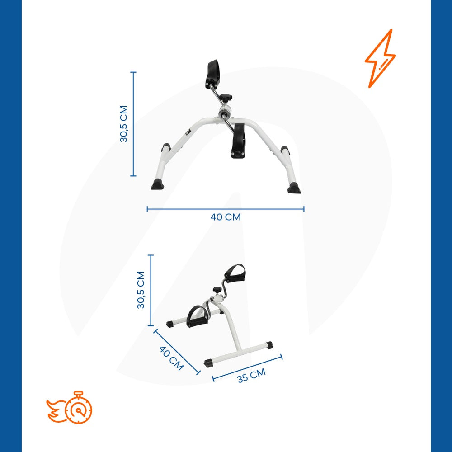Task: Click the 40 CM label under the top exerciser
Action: click(x=226, y=217)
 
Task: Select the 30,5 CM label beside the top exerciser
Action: click(x=124, y=124)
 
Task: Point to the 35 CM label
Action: click(x=251, y=376)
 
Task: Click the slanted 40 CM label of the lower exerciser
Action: click(x=171, y=358)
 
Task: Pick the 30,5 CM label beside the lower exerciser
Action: click(x=141, y=290)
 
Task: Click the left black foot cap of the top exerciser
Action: click(x=158, y=184)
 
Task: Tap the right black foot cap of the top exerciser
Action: click(x=294, y=187)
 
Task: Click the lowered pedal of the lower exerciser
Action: click(x=196, y=315)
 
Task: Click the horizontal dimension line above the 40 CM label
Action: click(x=226, y=209)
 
